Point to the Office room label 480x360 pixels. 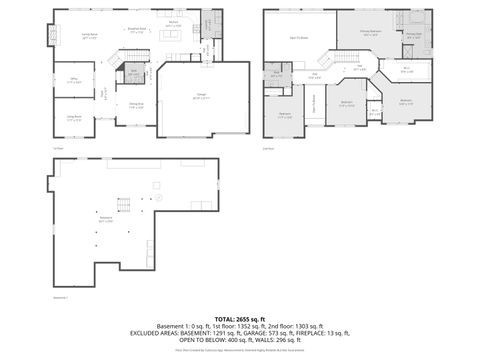click(74, 80)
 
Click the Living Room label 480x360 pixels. click(74, 117)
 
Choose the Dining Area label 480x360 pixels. click(136, 105)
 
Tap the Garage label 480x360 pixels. click(202, 96)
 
